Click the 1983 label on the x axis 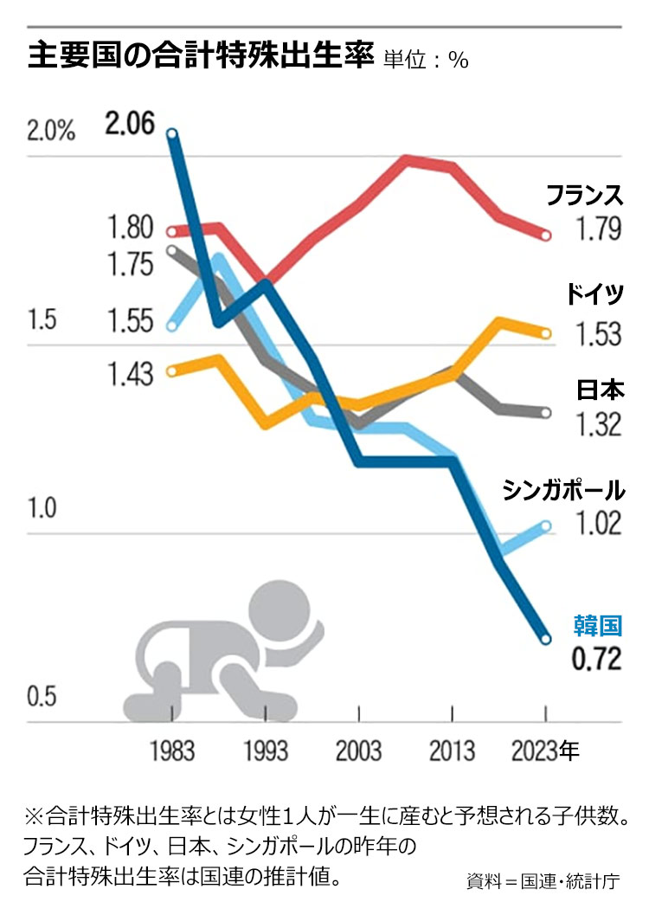172,750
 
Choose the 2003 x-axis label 357,750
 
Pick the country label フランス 584,196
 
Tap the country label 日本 600,390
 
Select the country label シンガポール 563,490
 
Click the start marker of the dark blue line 172,133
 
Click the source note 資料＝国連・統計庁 543,882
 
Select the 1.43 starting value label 131,374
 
